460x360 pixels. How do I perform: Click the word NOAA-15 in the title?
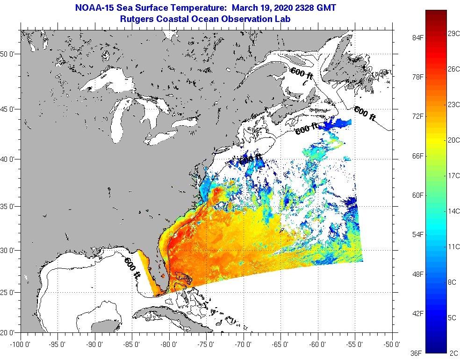93,8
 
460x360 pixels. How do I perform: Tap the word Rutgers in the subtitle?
137,19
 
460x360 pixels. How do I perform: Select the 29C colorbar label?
453,34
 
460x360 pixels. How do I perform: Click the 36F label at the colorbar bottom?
415,353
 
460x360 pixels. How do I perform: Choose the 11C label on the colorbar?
453,246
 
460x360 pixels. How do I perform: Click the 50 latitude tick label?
10,54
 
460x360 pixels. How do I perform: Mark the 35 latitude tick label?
10,206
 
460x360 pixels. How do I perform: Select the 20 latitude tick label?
10,333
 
